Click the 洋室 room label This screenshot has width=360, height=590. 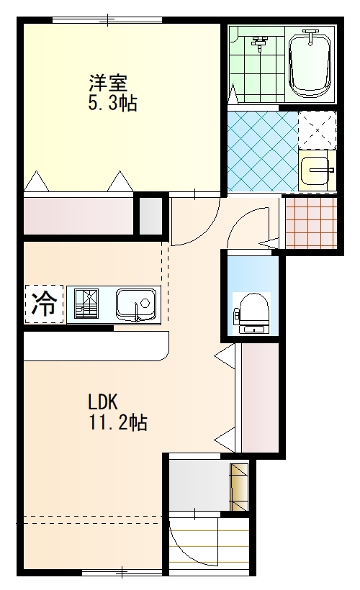point(109,83)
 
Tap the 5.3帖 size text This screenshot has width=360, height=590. point(112,103)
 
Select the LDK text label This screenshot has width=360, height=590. point(103,402)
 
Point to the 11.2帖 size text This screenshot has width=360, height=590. point(117,422)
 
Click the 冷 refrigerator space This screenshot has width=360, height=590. point(44,304)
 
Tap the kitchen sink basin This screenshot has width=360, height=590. point(136,304)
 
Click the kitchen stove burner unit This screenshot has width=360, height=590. point(86,304)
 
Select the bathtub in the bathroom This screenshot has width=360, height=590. point(311,65)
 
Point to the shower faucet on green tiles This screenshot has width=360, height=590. point(258,42)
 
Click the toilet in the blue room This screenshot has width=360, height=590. point(252,313)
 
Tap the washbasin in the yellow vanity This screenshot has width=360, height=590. point(316,171)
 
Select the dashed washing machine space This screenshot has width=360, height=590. point(317,130)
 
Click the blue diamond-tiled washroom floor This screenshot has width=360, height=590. point(263,151)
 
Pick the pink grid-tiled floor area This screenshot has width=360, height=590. point(311,222)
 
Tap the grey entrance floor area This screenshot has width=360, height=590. point(199,485)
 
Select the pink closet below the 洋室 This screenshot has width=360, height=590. point(78,216)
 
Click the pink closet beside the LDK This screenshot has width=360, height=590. point(259,398)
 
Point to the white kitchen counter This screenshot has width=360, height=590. point(96,346)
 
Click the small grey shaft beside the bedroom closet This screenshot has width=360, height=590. point(150,216)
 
